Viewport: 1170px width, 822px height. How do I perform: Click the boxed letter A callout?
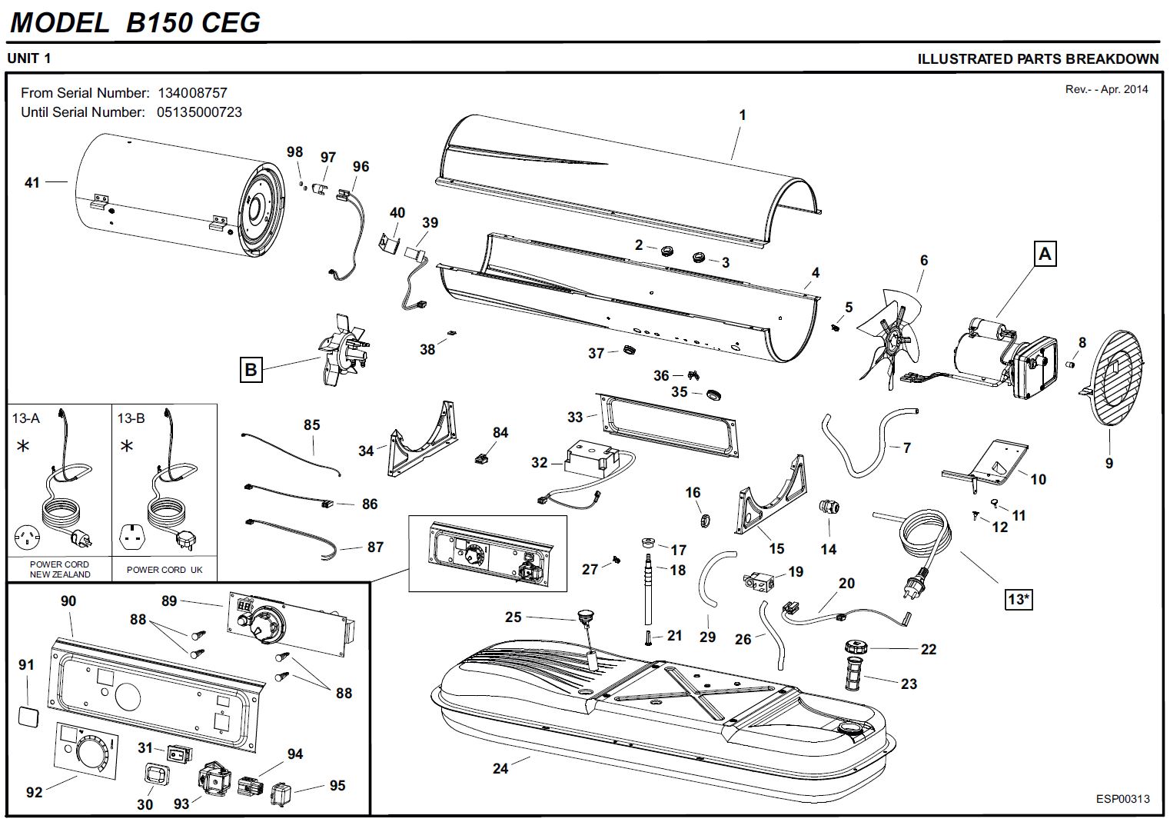tap(1045, 254)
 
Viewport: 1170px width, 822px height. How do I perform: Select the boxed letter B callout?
tap(251, 370)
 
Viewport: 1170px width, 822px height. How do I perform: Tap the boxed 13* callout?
tap(1018, 598)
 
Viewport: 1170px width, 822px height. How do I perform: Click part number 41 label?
tap(32, 182)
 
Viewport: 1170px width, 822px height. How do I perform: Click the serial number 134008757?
tap(192, 93)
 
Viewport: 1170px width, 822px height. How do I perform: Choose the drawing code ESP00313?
tap(1122, 798)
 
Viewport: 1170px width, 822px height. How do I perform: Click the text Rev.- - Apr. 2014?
tap(1106, 89)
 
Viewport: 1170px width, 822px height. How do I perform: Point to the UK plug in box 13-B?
tap(187, 540)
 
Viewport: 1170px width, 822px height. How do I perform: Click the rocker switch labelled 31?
tap(180, 754)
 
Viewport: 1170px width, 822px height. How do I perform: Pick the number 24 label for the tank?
tap(500, 767)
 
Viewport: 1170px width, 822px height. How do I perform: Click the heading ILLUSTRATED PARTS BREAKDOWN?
tap(1038, 58)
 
